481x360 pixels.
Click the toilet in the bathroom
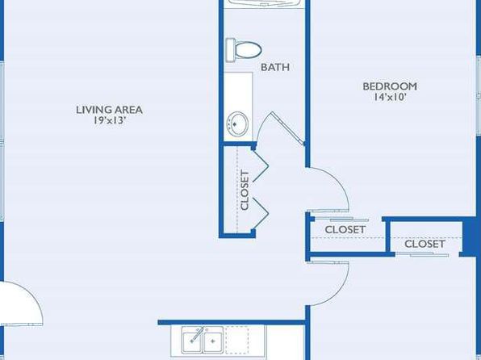tap(244, 50)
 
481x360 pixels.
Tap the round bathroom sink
tap(237, 123)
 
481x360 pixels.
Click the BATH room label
tap(275, 67)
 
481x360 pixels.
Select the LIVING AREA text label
tap(109, 110)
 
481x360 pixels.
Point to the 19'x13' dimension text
tap(110, 120)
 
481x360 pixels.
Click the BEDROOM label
tap(390, 86)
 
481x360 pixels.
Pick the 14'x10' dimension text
tap(390, 97)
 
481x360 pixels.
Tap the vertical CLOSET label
tap(245, 190)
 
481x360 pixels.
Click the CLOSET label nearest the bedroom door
tap(345, 229)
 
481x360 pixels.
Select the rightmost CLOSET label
tap(425, 244)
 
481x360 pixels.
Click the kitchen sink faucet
tap(197, 334)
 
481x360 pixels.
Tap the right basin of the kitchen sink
tap(213, 341)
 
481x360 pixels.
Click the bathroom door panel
tap(288, 128)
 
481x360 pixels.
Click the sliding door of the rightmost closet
tap(422, 254)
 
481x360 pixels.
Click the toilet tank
tap(230, 50)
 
